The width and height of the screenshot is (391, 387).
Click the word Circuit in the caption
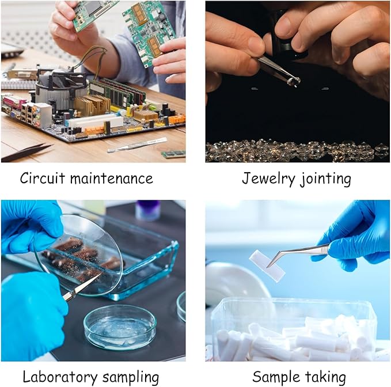click(43, 178)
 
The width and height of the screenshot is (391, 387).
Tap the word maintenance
click(112, 179)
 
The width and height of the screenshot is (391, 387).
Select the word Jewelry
click(268, 179)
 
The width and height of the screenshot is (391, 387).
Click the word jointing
click(325, 179)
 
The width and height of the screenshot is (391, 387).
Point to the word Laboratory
click(60, 377)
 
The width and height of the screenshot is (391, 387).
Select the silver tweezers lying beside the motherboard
click(137, 145)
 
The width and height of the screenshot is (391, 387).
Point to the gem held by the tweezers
click(294, 81)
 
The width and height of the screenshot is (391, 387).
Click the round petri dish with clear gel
click(120, 328)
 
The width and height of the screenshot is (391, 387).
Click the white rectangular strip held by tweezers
click(267, 266)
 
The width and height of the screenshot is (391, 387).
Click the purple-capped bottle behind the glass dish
click(148, 210)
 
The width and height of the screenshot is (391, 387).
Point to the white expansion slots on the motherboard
click(95, 121)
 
